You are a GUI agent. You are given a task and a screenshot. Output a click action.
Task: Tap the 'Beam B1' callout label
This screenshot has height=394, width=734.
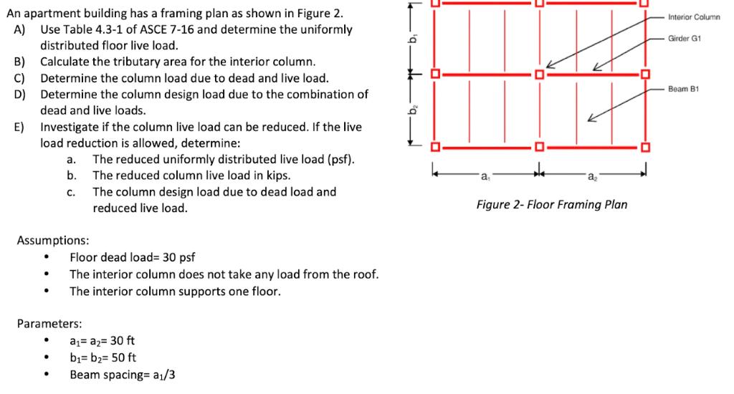tap(683, 89)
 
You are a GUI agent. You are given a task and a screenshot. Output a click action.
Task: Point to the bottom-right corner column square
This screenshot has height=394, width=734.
tap(644, 148)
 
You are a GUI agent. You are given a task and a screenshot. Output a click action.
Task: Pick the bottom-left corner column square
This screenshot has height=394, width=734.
tap(434, 148)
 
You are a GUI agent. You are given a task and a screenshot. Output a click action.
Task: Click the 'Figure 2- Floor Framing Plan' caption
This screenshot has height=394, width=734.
tap(551, 205)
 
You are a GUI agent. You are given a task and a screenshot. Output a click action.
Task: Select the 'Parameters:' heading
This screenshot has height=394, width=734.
tap(49, 323)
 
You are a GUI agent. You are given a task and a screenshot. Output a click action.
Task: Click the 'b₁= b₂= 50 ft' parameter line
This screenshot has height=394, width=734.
tap(103, 357)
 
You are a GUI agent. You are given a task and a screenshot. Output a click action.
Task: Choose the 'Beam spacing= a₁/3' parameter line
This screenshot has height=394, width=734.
tap(120, 374)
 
